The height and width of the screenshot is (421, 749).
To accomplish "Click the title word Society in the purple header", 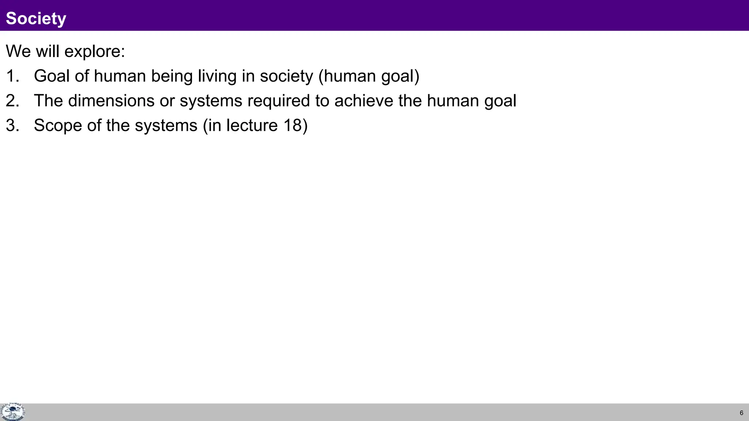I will (36, 19).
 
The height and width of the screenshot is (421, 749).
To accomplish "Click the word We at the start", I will (18, 51).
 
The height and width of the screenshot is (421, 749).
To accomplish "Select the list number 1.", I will (12, 76).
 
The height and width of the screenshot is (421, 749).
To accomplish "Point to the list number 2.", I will (12, 101).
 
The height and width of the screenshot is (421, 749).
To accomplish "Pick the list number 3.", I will (12, 126).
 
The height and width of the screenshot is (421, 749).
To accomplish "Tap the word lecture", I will (252, 126).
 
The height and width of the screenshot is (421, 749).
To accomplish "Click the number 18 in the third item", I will (292, 126).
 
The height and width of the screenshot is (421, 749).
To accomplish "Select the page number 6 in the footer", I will (741, 413).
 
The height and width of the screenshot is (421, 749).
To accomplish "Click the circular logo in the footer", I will (12, 412).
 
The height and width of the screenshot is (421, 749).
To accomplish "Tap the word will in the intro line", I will (47, 51).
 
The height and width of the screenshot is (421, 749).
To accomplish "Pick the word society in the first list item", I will (286, 76).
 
